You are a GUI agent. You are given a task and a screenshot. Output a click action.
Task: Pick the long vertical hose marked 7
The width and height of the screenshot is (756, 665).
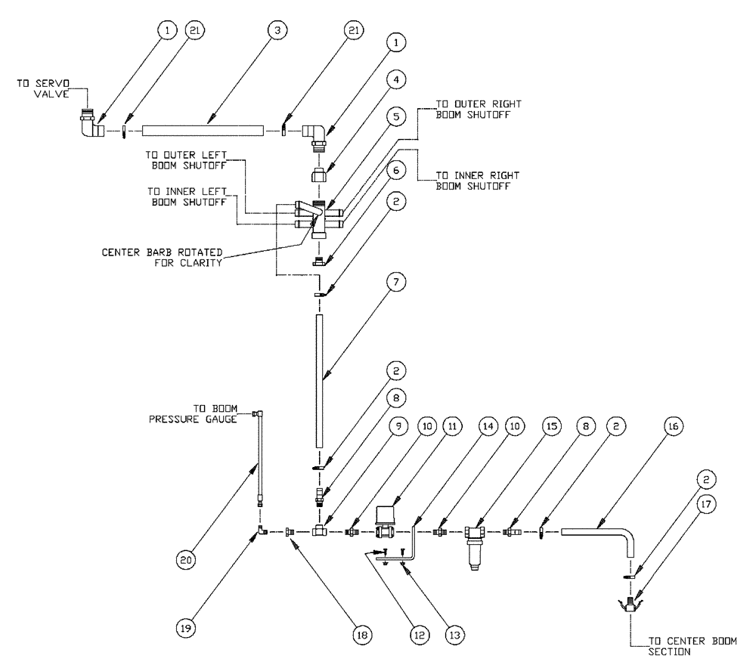(321, 382)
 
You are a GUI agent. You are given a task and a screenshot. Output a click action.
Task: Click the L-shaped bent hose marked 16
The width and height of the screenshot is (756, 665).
(605, 534)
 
